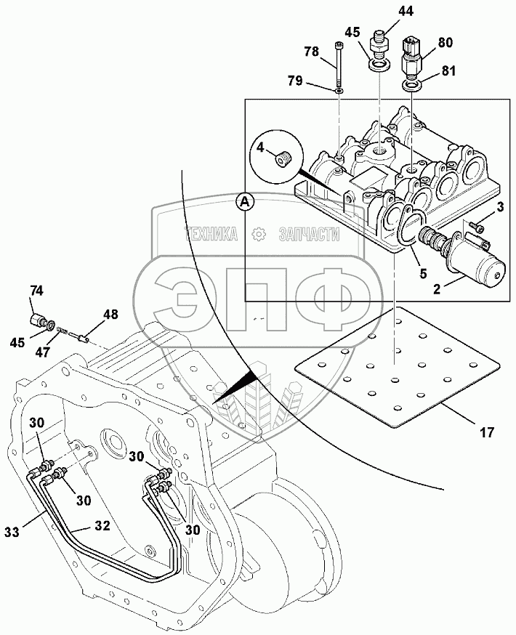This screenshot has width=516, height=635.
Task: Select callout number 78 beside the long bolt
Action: (x=311, y=52)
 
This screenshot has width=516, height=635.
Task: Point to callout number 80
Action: (x=445, y=42)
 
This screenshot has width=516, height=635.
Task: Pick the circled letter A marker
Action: (x=246, y=202)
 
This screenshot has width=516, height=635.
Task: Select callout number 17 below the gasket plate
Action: (x=487, y=433)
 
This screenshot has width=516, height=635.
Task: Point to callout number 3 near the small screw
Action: (x=499, y=209)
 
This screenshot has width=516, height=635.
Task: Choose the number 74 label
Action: (x=36, y=291)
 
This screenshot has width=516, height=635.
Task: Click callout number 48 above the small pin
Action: (x=110, y=315)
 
